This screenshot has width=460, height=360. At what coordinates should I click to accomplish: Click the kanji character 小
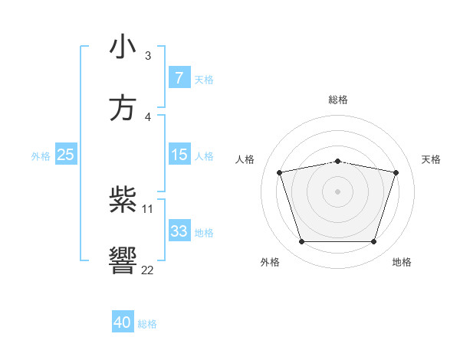click(x=123, y=47)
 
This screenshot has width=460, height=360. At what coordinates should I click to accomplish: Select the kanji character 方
click(x=123, y=108)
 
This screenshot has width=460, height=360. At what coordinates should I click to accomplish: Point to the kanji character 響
click(x=123, y=261)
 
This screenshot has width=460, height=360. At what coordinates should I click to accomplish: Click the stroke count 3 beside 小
click(x=147, y=55)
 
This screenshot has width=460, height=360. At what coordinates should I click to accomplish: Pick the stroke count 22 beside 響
click(x=147, y=270)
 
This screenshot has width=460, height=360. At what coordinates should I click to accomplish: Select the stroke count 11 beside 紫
click(x=147, y=208)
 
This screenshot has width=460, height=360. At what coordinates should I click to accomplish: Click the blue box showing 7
click(x=179, y=77)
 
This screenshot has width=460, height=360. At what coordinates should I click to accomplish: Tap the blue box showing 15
click(x=179, y=155)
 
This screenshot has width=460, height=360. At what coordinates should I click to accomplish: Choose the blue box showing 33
click(x=179, y=231)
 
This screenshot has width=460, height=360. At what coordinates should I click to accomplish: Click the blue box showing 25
click(x=66, y=155)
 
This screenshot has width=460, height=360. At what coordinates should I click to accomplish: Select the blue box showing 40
click(x=123, y=322)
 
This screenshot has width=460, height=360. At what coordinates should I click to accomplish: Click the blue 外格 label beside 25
click(x=41, y=155)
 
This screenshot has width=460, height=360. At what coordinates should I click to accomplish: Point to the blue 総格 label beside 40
click(x=147, y=324)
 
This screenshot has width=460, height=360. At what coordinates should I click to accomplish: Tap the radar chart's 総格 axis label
click(x=338, y=100)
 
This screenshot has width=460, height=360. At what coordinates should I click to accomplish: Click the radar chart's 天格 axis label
click(x=431, y=159)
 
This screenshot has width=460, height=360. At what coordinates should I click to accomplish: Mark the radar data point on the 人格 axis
click(x=280, y=173)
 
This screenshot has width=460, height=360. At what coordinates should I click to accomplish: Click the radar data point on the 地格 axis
click(x=373, y=242)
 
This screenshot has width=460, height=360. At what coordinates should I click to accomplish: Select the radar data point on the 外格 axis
click(x=301, y=242)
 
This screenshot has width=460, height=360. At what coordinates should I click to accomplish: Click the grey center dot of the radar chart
click(x=337, y=191)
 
